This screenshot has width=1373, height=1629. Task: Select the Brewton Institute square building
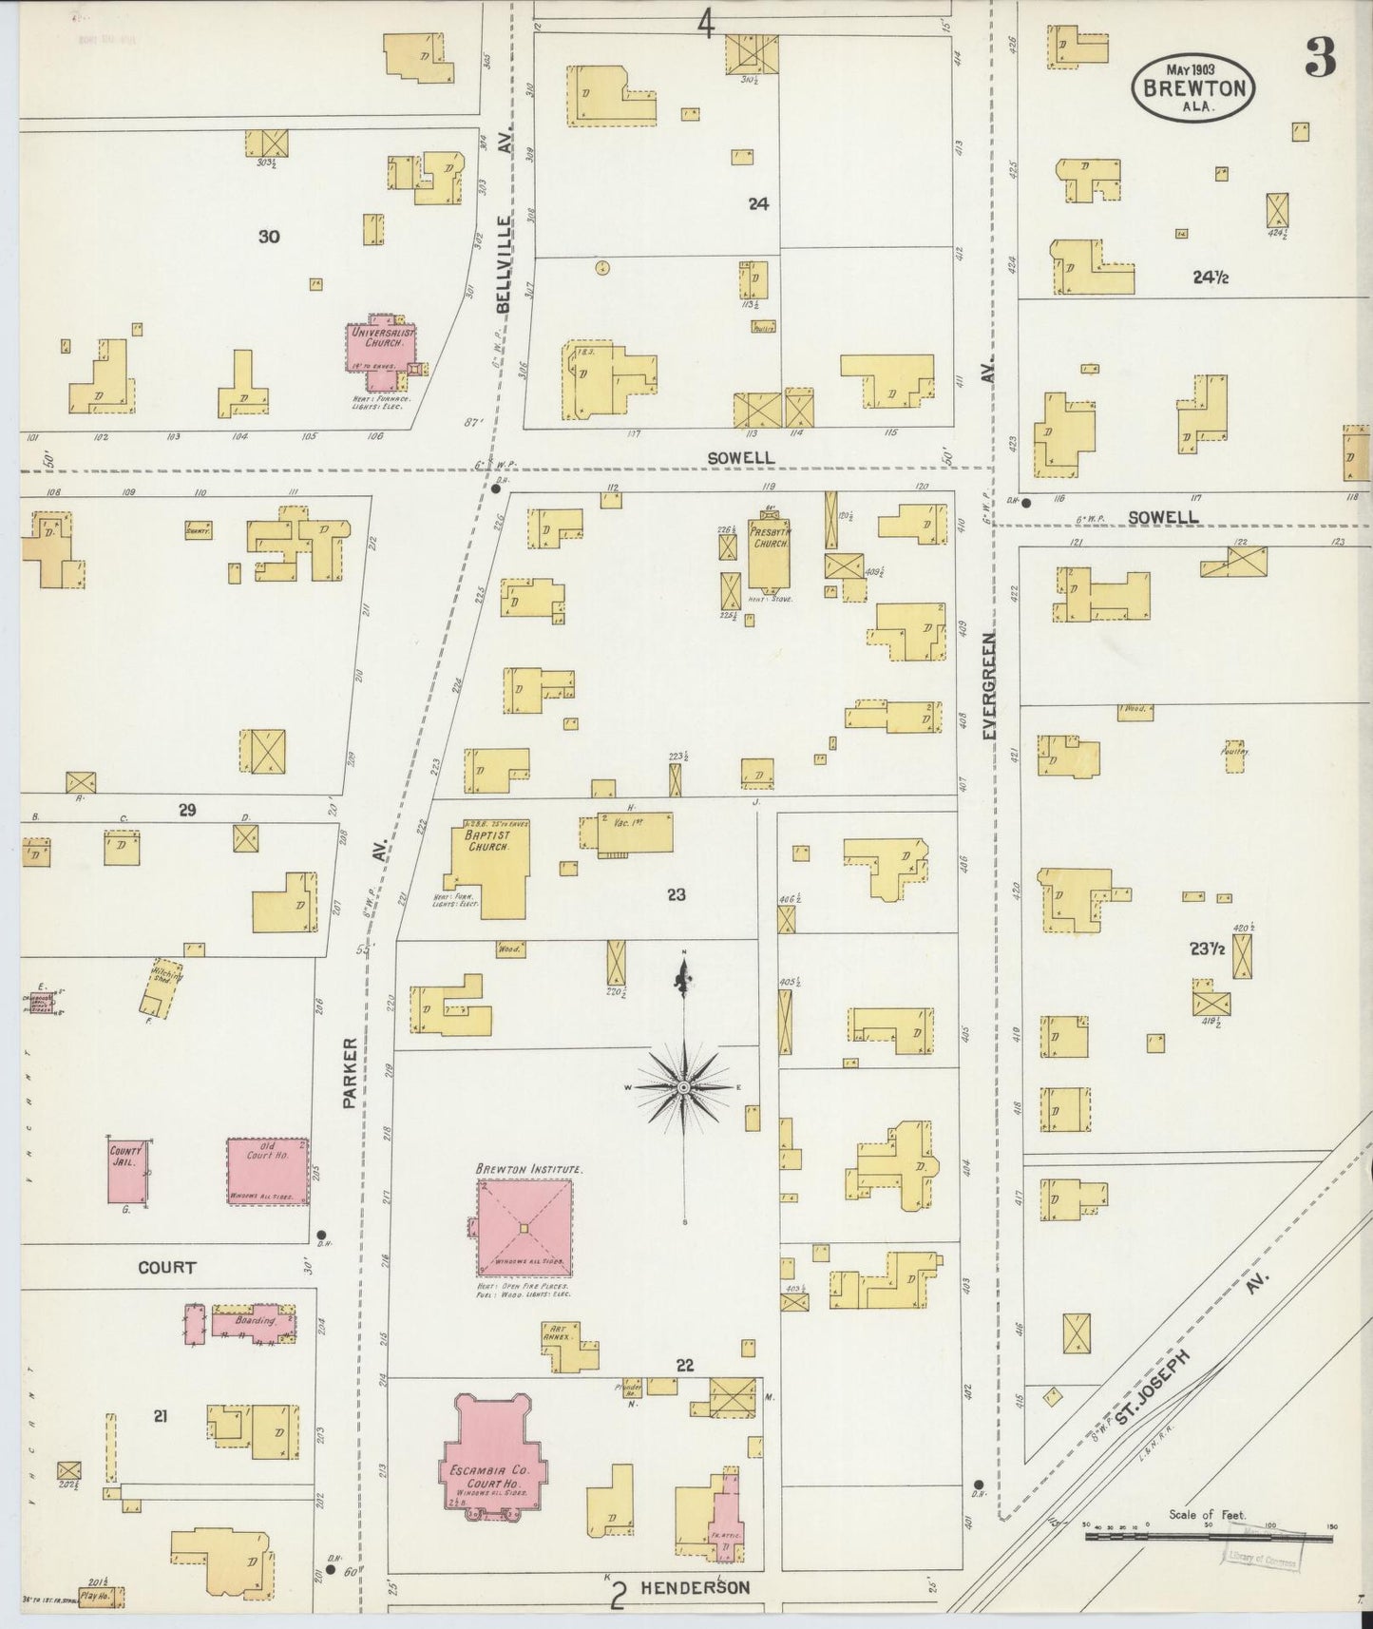pyautogui.click(x=524, y=1228)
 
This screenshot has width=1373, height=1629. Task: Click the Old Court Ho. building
pyautogui.click(x=268, y=1171)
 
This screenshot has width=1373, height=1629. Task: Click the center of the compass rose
pyautogui.click(x=684, y=1086)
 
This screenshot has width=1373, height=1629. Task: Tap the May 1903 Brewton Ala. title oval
pyautogui.click(x=1193, y=86)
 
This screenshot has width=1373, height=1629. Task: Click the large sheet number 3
pyautogui.click(x=1320, y=59)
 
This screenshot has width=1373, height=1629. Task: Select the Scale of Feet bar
pyautogui.click(x=1209, y=1535)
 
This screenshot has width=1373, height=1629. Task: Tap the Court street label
pyautogui.click(x=166, y=1267)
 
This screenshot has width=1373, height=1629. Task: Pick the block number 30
pyautogui.click(x=269, y=237)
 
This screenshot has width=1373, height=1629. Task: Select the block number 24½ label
pyautogui.click(x=1211, y=278)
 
